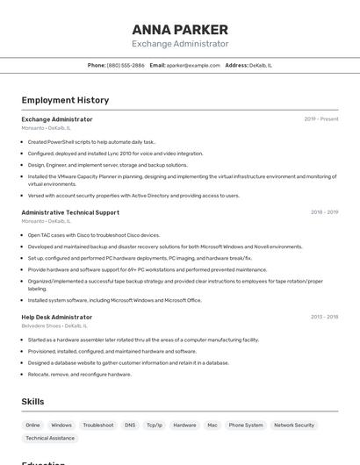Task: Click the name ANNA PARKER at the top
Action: (180, 29)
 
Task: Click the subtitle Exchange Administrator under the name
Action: (180, 44)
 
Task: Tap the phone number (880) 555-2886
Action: (126, 65)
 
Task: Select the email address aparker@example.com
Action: (193, 65)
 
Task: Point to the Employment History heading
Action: (65, 100)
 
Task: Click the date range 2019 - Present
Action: (321, 119)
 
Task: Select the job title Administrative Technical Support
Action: (70, 212)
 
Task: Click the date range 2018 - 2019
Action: (324, 212)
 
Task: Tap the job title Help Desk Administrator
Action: (57, 317)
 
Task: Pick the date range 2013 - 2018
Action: (324, 317)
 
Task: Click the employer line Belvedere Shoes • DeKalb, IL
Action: (54, 325)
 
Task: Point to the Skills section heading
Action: (33, 402)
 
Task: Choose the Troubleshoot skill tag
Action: (98, 425)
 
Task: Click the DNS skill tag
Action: (130, 425)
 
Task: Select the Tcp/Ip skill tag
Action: (155, 425)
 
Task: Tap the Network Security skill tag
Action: (294, 425)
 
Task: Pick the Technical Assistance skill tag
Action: (50, 438)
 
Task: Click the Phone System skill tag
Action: (246, 425)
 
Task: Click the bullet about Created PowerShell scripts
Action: (91, 141)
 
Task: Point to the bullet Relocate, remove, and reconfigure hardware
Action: (79, 374)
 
